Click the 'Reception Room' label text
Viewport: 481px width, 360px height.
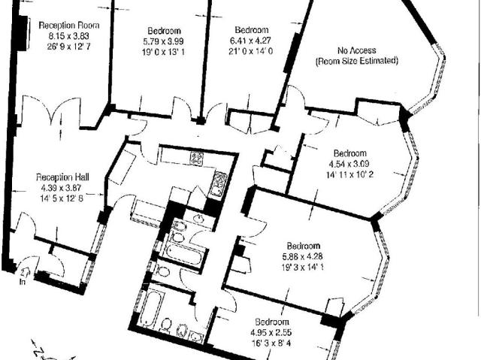pyautogui.click(x=65, y=24)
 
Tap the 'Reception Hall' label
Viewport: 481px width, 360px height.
pyautogui.click(x=64, y=177)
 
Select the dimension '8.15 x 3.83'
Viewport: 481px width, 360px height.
pyautogui.click(x=65, y=35)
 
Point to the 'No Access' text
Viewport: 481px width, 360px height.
pyautogui.click(x=356, y=50)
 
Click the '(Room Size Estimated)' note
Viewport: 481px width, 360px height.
pyautogui.click(x=356, y=60)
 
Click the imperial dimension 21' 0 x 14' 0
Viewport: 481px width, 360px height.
pyautogui.click(x=250, y=52)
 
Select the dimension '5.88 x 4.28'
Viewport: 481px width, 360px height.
pyautogui.click(x=304, y=256)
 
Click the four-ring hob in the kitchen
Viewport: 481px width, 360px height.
pyautogui.click(x=197, y=158)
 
